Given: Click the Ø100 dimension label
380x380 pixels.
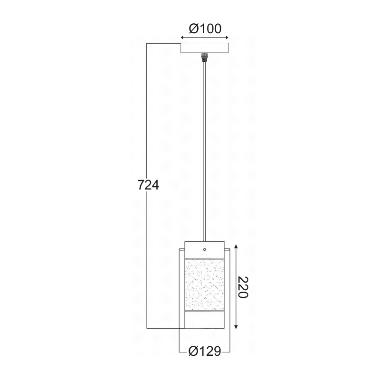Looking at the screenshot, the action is pos(205,28).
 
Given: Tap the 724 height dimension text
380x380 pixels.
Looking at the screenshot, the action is pos(148,185).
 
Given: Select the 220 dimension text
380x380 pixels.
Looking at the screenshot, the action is pos(243,287).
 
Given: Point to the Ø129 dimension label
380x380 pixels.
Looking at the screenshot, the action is pos(205,351).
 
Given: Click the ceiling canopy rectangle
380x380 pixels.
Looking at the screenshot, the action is pos(205,48).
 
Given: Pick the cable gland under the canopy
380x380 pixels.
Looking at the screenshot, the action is pos(205,57).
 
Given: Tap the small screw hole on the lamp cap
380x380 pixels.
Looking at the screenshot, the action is pos(205,249).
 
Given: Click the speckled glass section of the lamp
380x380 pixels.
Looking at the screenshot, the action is pos(204,285).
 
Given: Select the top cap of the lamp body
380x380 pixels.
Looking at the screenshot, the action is pos(204,249).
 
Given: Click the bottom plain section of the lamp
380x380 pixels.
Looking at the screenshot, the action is pos(204,320).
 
